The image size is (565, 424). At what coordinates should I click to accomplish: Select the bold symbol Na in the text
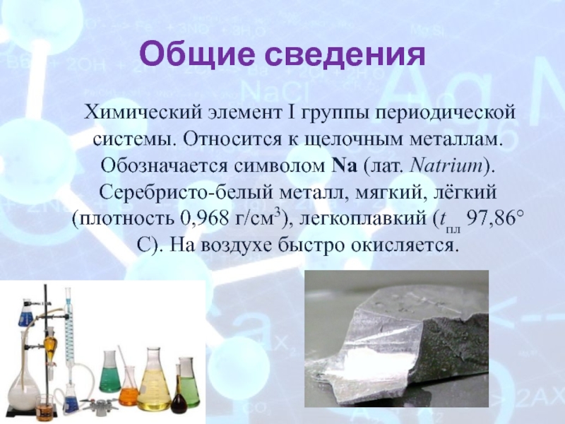(343, 166)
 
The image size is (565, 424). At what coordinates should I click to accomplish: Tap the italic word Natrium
(446, 166)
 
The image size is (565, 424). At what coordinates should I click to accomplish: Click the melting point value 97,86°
(494, 218)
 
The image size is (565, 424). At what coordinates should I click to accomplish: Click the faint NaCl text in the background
(274, 92)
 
